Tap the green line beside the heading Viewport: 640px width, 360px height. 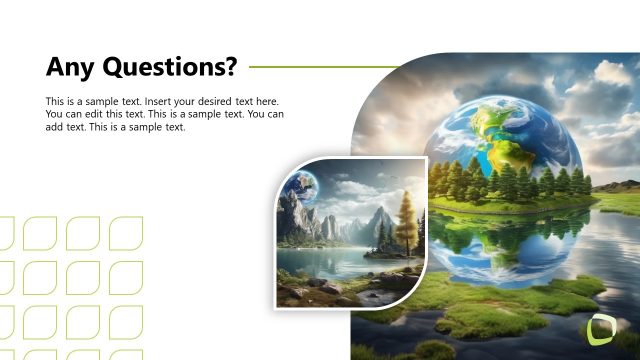(320, 68)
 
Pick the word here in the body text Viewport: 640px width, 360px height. (266, 102)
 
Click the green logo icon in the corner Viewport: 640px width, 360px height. (603, 330)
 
